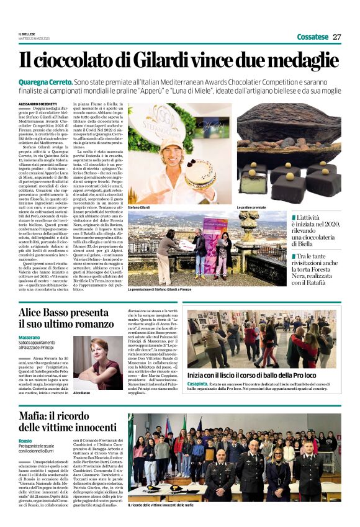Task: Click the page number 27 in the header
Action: (337, 37)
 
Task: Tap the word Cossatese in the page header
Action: (312, 37)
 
